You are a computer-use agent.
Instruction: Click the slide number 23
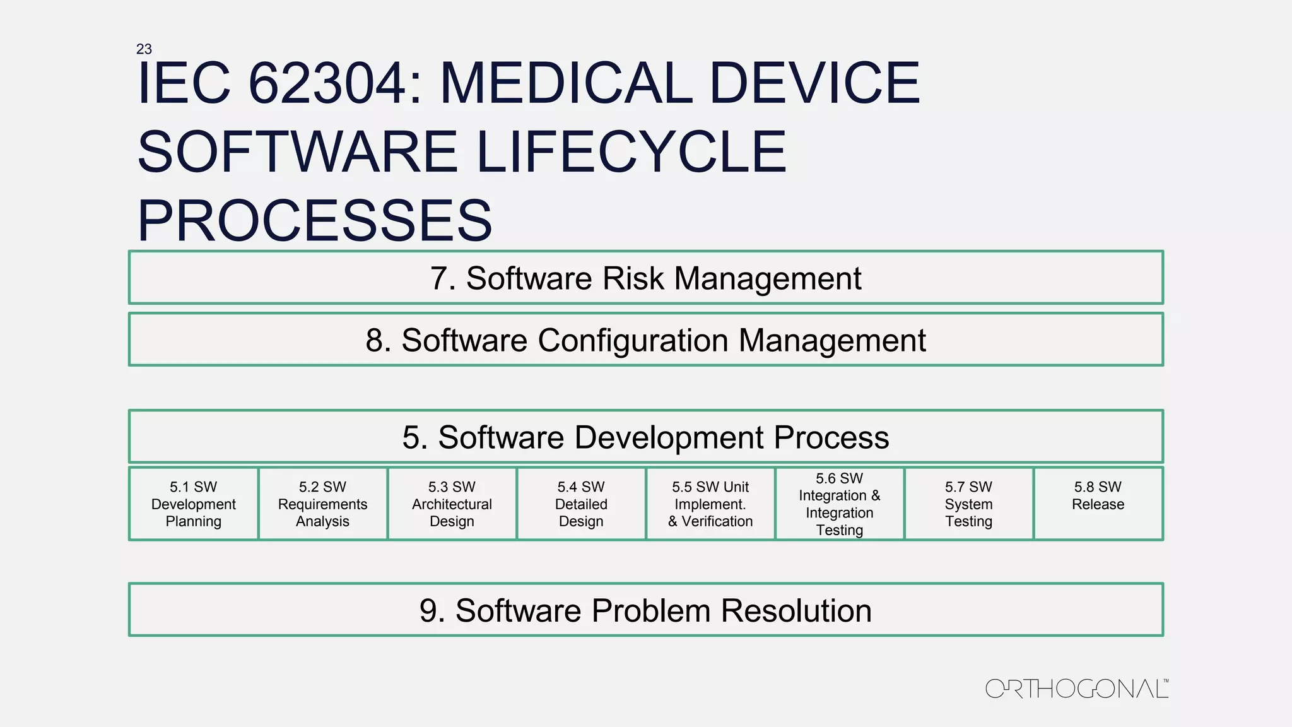(144, 49)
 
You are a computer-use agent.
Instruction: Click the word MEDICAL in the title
(566, 83)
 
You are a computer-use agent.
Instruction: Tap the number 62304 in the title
(327, 83)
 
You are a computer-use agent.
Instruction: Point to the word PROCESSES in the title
(314, 220)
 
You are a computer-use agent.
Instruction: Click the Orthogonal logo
(1076, 689)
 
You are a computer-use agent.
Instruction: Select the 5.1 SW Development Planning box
(194, 504)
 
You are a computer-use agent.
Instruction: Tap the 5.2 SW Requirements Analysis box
(323, 504)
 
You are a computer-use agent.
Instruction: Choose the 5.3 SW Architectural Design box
(452, 504)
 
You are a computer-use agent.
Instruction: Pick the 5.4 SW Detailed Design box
(581, 504)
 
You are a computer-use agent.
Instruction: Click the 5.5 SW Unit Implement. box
(710, 504)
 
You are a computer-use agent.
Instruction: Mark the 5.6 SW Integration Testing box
(840, 504)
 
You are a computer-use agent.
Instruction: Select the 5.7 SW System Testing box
(969, 504)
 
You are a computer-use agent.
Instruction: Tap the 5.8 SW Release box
(1098, 504)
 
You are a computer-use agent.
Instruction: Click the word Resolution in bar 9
(796, 610)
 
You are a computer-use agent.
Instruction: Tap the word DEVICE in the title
(814, 83)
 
